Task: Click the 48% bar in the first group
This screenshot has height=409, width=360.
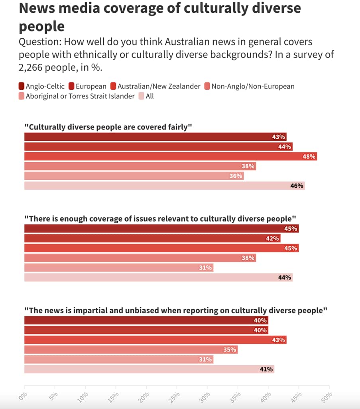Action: point(171,157)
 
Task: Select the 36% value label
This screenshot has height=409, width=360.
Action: point(236,176)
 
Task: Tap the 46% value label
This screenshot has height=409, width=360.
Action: point(297,186)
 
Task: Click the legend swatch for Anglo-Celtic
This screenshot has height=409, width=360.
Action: point(22,86)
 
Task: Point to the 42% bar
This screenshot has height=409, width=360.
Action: point(152,238)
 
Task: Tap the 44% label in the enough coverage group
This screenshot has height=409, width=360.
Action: point(285,277)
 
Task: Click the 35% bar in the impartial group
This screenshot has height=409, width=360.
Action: point(131,350)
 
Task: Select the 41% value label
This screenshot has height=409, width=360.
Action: point(266,369)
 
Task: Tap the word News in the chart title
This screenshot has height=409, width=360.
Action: point(37,9)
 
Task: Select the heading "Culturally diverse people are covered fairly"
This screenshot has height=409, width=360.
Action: point(108,127)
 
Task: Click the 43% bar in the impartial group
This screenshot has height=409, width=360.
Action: point(155,340)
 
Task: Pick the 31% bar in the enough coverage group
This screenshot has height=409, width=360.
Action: point(118,268)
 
